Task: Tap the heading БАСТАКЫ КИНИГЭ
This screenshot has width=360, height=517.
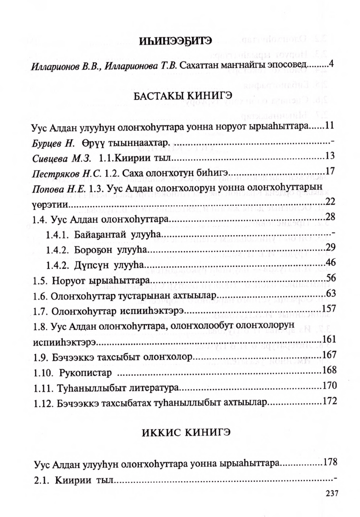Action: click(180, 97)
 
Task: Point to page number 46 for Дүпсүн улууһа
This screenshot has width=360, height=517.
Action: click(331, 262)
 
